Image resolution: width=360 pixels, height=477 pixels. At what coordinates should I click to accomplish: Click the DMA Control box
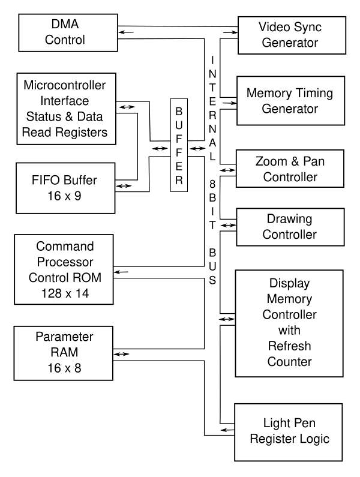point(68,32)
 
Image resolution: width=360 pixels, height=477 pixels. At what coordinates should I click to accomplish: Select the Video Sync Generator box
point(292,35)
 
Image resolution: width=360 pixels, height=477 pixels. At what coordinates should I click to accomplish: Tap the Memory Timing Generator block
point(290,101)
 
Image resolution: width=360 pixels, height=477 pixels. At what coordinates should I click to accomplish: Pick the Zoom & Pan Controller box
point(290,169)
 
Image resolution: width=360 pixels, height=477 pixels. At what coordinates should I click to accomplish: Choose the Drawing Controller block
point(290,227)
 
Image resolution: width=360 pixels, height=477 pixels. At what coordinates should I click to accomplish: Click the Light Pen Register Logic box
point(289,432)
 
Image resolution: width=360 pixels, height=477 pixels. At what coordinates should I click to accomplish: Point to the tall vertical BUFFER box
point(179,145)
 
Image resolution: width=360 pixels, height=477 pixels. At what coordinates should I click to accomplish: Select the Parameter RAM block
point(63,353)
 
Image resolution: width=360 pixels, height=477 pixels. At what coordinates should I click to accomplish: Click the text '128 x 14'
point(65,293)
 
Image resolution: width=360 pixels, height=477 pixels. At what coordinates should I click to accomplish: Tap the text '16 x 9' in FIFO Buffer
point(64,196)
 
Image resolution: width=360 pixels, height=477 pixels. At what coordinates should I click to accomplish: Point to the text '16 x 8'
point(64,368)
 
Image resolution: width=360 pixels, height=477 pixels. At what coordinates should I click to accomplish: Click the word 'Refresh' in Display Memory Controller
point(289,346)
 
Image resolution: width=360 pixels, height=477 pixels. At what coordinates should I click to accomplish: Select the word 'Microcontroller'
point(65,85)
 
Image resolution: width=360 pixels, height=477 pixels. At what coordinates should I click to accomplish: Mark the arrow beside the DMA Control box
point(126,32)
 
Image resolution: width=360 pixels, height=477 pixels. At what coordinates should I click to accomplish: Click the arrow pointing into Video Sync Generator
point(230,32)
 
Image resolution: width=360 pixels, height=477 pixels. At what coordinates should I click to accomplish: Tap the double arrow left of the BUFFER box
point(160,148)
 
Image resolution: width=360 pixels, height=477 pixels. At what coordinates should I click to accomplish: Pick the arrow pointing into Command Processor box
point(121,272)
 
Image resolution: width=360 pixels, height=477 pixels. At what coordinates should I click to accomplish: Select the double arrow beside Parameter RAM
point(121,354)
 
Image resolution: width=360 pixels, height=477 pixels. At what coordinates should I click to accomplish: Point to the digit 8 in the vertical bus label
point(212,184)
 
